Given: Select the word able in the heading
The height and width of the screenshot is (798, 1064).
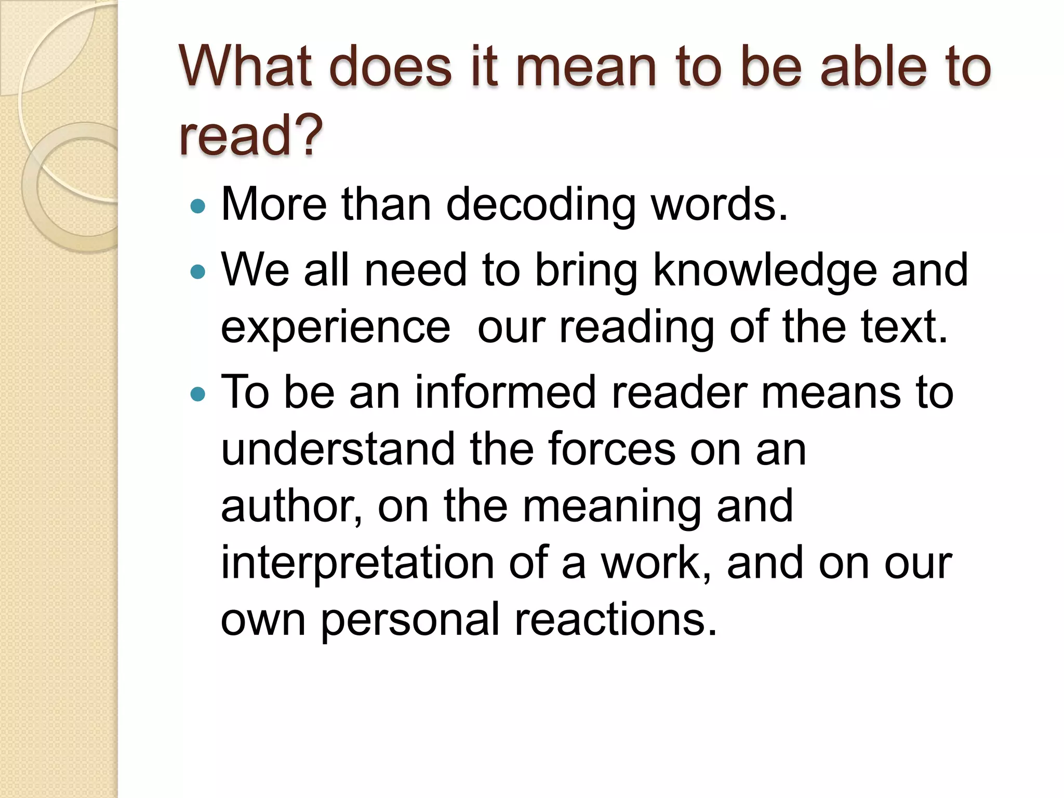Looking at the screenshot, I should click(873, 67).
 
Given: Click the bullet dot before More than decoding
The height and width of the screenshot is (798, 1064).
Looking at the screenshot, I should click(198, 207).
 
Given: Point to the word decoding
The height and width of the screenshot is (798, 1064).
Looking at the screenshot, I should click(540, 206).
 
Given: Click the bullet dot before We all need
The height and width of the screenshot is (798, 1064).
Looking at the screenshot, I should click(198, 271).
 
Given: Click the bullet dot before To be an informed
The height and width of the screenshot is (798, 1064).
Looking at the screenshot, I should click(198, 394).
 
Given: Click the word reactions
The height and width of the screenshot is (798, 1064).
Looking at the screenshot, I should click(616, 619).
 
